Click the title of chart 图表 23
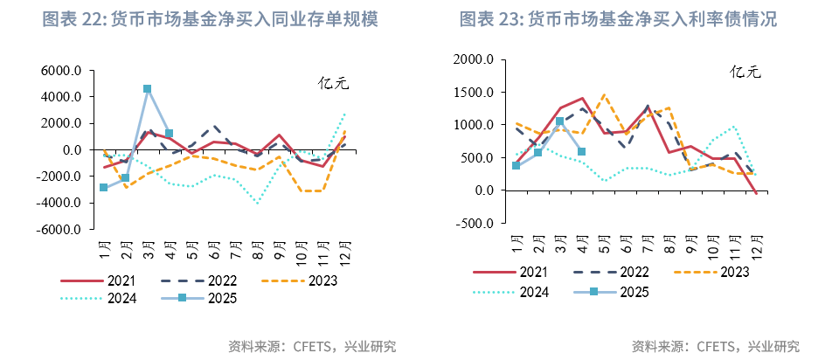coord(618,19)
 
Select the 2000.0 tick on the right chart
coord(475,59)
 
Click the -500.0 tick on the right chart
coord(476,223)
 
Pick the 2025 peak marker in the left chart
coord(147,89)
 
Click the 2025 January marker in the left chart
coord(104,188)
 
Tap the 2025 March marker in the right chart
coord(560,121)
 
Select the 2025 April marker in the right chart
coord(582,151)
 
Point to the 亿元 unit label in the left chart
coord(333,84)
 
